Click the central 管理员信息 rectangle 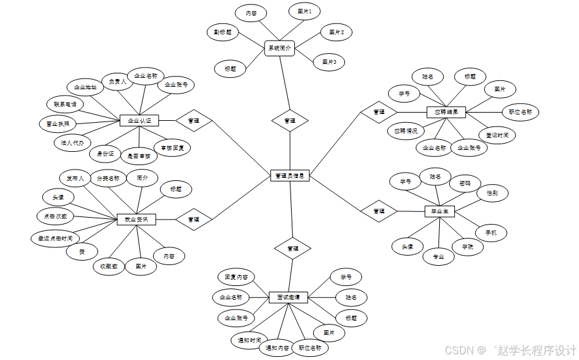pos(290,176)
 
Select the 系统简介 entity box pos(279,48)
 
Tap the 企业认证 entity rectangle pos(139,120)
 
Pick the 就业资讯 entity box pos(136,219)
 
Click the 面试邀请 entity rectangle pos(289,297)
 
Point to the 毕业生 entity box pos(440,211)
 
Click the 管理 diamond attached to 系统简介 pos(289,120)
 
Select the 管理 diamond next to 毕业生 pos(379,211)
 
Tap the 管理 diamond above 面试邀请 pos(292,249)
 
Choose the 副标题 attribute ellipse pos(222,32)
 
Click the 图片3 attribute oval pos(329,62)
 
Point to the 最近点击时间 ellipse pos(55,239)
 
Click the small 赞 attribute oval pos(82,252)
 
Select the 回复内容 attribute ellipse pos(236,277)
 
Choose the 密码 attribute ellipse pos(465,183)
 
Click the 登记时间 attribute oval pos(497,135)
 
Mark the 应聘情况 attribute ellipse pos(406,131)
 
